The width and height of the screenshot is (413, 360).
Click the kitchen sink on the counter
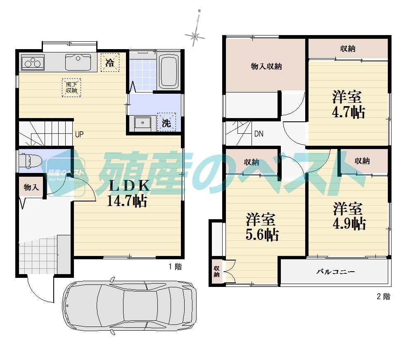point(78,62)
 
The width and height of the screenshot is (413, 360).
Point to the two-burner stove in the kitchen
point(32,63)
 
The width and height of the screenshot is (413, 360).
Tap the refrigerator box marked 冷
point(110,63)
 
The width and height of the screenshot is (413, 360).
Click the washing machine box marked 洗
point(166,122)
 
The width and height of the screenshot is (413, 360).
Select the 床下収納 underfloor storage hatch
point(71,87)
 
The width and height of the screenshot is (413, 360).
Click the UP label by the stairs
point(79,134)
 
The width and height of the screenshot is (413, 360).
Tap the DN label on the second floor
point(259,134)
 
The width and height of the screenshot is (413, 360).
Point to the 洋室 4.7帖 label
point(348,105)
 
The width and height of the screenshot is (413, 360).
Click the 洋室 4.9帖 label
point(349,216)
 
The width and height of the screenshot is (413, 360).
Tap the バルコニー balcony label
point(335,272)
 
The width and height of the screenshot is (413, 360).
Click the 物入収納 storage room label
point(266,66)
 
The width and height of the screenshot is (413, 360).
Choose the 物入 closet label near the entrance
point(31,187)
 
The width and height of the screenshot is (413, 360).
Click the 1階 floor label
point(175,267)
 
